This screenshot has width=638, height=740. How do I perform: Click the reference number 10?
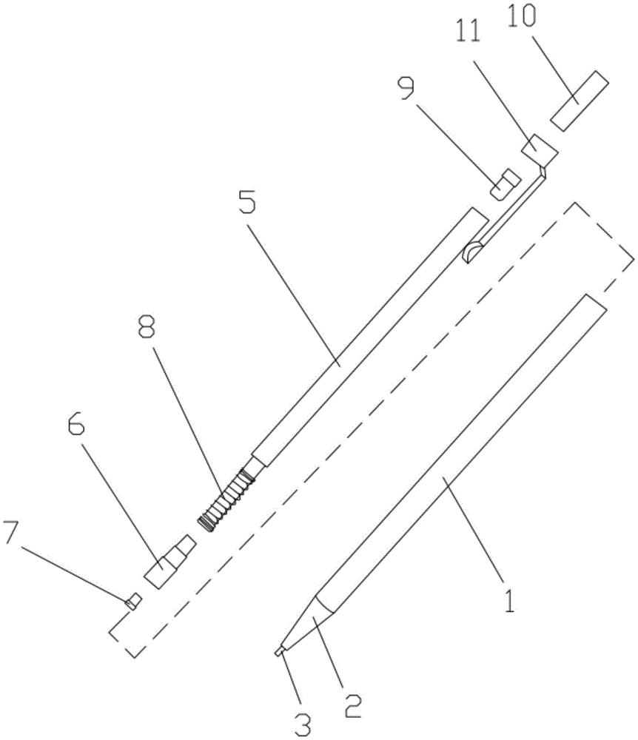pyautogui.click(x=522, y=17)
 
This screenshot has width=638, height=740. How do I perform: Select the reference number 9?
pyautogui.click(x=406, y=89)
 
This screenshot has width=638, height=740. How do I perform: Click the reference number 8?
pyautogui.click(x=147, y=326)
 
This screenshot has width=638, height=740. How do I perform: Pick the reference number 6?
pyautogui.click(x=76, y=424)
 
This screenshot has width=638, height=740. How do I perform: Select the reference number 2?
pyautogui.click(x=352, y=705)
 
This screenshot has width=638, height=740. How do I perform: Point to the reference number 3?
pyautogui.click(x=303, y=724)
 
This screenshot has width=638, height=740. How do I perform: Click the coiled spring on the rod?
pyautogui.click(x=226, y=500)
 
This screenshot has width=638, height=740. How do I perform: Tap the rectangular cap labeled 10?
pyautogui.click(x=580, y=101)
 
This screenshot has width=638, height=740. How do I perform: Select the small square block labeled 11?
pyautogui.click(x=540, y=150)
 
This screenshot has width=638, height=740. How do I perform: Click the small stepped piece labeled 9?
pyautogui.click(x=505, y=184)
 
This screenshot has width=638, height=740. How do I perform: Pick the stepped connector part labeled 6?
pyautogui.click(x=169, y=561)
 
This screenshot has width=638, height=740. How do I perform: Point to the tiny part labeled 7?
pyautogui.click(x=133, y=601)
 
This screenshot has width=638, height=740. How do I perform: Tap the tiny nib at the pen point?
pyautogui.click(x=279, y=650)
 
